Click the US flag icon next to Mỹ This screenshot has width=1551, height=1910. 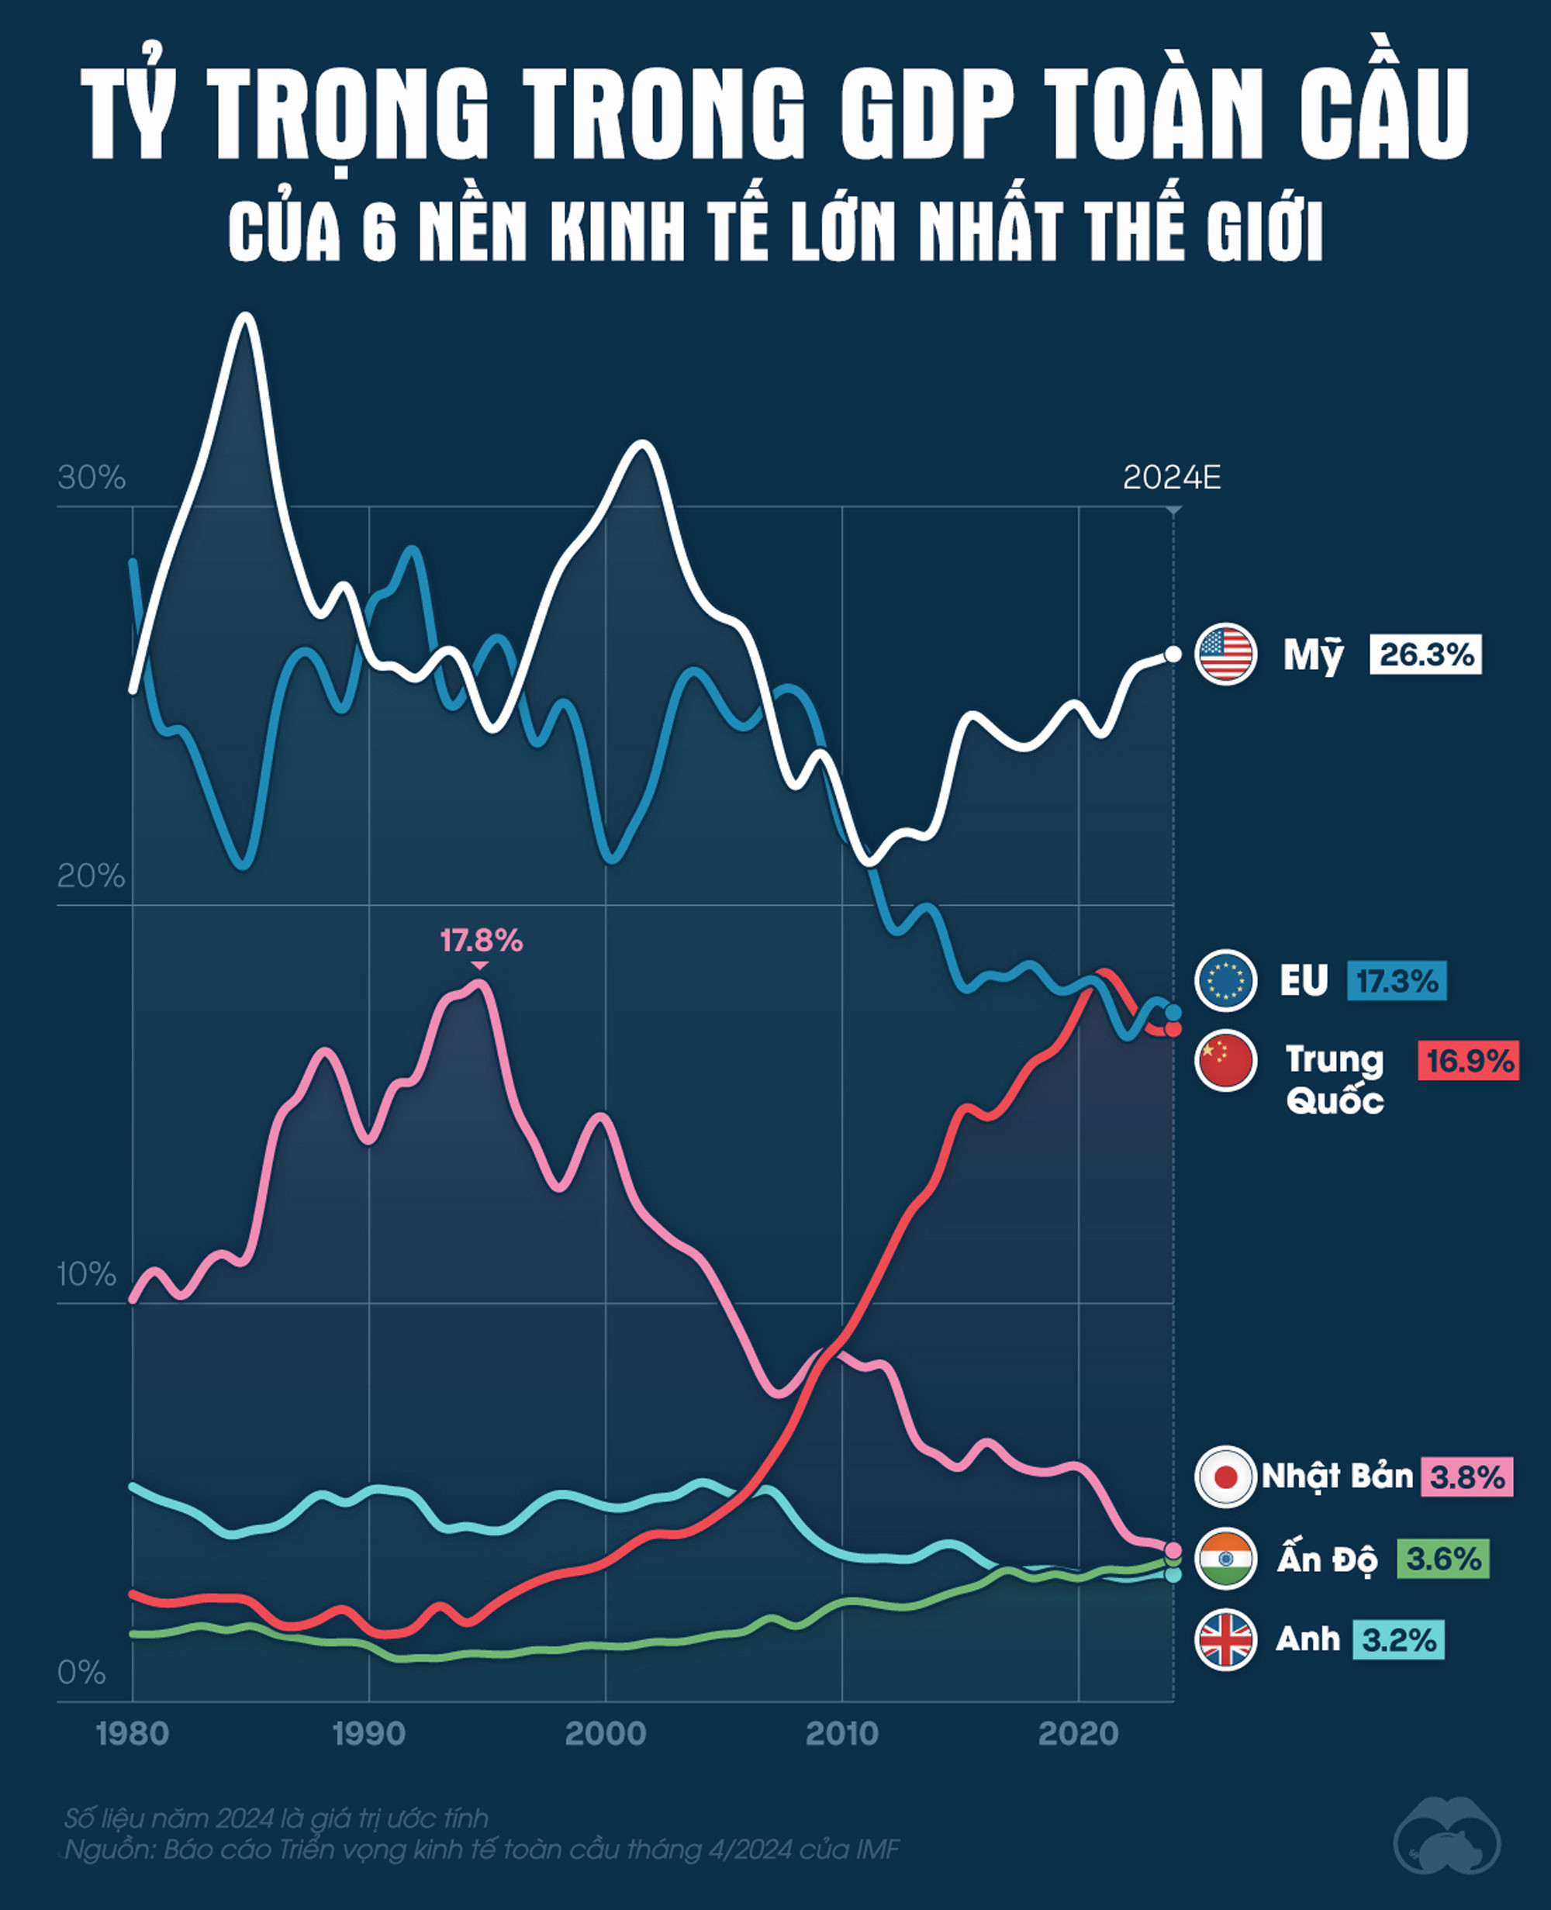[x=1226, y=654]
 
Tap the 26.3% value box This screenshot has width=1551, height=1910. [x=1426, y=655]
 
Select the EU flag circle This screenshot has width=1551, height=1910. [x=1226, y=980]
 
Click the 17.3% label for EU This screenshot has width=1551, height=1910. [x=1397, y=981]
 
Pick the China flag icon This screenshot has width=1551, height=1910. [x=1226, y=1062]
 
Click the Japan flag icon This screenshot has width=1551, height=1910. [x=1226, y=1477]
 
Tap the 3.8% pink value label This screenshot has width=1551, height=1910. [x=1467, y=1477]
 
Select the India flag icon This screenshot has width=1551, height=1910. [x=1226, y=1559]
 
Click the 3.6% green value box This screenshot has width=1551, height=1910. [x=1443, y=1559]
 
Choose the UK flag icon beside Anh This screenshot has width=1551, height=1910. [x=1226, y=1640]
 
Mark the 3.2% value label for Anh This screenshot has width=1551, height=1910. [x=1398, y=1640]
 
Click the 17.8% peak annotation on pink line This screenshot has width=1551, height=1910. [x=481, y=941]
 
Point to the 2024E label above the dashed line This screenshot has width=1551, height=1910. [x=1171, y=478]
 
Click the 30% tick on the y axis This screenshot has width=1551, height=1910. [x=92, y=478]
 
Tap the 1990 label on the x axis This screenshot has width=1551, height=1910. [x=369, y=1734]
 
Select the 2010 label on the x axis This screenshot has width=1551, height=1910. [x=841, y=1734]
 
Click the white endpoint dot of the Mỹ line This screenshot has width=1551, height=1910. [x=1173, y=654]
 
